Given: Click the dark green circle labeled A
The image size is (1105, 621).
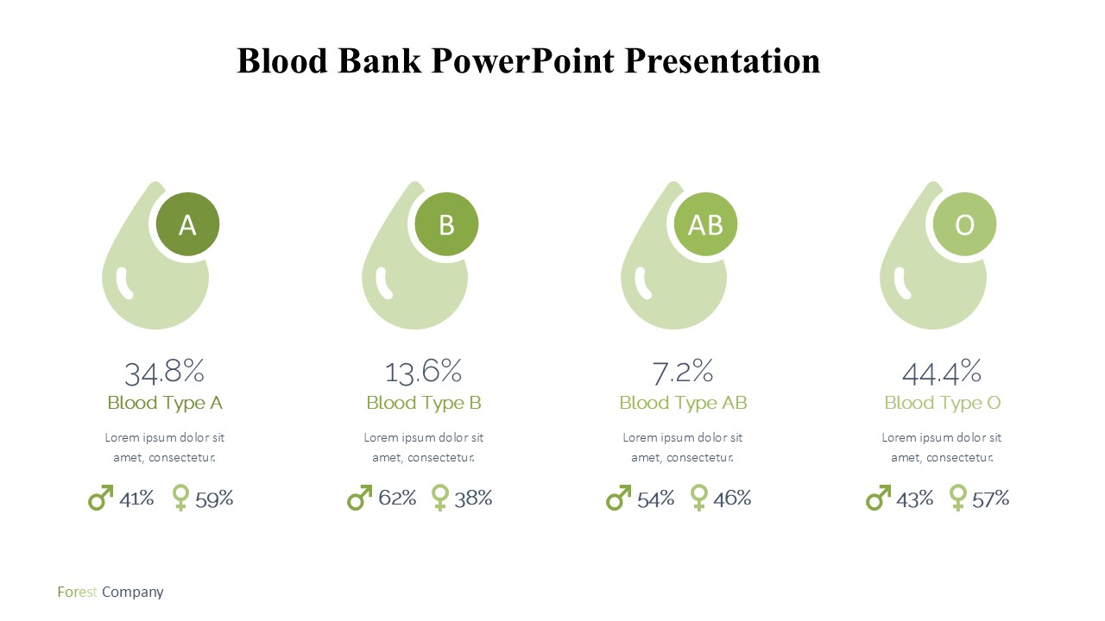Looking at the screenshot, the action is coord(187,224).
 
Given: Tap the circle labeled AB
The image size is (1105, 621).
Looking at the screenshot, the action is coord(705,224).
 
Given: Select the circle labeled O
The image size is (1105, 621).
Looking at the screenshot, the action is coord(964,224).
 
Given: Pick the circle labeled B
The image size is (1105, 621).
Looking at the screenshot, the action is coord(446,224).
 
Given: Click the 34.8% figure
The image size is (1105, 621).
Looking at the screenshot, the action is coord(164,372).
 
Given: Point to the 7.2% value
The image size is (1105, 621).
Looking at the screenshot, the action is coord(683,372).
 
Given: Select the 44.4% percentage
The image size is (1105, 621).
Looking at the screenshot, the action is coord(942,372).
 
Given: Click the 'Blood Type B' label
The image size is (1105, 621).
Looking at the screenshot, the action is coord(424,403).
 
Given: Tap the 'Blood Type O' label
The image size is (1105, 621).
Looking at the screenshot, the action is coord(942,403).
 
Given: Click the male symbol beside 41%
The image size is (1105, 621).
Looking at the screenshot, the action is coord(100,498).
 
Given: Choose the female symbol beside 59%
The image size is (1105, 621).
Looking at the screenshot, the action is coord(180,498).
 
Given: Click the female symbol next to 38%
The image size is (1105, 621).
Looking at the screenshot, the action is coord(440,498).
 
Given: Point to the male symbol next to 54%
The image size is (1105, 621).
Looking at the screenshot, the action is coord(619,498).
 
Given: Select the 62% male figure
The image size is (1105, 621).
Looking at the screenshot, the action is coord(398,499).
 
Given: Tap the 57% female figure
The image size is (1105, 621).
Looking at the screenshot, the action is coord(990,499).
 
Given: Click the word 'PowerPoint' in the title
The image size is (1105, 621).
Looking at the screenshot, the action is coord(523,61).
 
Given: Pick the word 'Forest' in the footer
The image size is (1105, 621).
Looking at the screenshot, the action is coord(77,592).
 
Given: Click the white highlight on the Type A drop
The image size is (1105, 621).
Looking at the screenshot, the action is coord(124,284).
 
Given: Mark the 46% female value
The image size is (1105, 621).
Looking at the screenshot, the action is coord(732,499).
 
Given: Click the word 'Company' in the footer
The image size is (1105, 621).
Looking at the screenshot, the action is coord(133,593).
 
